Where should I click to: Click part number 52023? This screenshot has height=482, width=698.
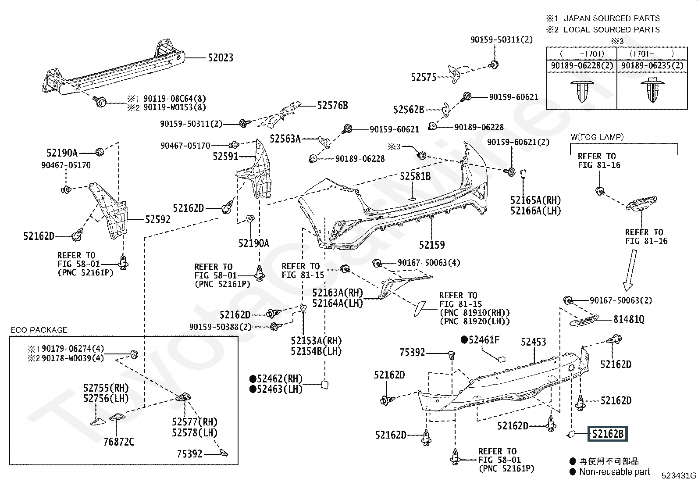click(x=220, y=57)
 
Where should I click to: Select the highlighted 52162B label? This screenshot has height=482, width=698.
click(x=608, y=434)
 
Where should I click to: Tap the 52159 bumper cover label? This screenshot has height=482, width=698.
click(x=431, y=245)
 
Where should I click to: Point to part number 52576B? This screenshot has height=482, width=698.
click(x=332, y=105)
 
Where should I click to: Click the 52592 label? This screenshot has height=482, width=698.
click(x=158, y=219)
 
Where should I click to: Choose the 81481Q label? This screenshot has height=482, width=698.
click(x=629, y=319)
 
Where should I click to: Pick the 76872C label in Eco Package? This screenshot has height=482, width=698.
click(x=119, y=442)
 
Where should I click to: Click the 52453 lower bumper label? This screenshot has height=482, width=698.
click(x=533, y=342)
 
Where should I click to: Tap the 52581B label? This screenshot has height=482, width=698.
click(x=415, y=176)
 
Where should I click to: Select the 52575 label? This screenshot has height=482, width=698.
click(x=424, y=77)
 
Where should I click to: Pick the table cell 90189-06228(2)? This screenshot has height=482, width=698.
click(x=582, y=66)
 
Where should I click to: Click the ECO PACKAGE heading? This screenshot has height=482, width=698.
click(x=39, y=330)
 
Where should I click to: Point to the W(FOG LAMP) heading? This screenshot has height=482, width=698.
click(x=597, y=137)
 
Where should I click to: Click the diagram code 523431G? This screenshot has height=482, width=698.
click(x=679, y=475)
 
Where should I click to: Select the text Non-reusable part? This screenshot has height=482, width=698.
click(x=614, y=472)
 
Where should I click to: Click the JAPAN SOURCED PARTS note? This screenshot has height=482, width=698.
click(x=611, y=18)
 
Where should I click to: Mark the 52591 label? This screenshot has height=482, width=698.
click(x=225, y=156)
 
